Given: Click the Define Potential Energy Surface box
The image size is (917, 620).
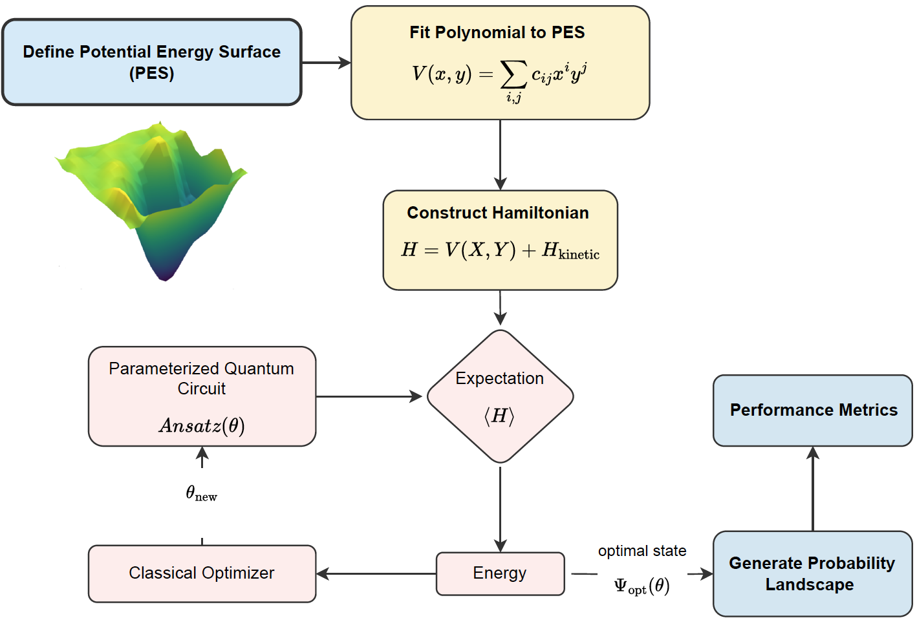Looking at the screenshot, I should pos(151,62).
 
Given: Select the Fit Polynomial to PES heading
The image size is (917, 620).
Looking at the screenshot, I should pos(497,32).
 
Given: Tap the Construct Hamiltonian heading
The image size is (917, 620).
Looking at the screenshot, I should pos(497,213).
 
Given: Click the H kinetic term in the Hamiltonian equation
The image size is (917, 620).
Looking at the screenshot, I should pos(570,250).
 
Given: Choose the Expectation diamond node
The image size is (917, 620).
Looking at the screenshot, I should pos(500,396).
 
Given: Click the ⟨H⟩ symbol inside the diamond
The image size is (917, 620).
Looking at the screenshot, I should pos(499,416).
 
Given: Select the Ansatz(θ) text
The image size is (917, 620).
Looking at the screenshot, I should pos(202,425).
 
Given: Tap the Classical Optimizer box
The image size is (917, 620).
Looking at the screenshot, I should pos(202,573).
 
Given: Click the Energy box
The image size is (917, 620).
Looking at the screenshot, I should pos(500,573).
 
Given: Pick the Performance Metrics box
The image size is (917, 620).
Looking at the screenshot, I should pos(813,410).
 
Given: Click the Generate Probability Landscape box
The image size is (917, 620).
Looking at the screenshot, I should pos(812,573).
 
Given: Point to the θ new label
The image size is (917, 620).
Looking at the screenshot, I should pos(201,493).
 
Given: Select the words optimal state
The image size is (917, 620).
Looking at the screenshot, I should pos(642,551).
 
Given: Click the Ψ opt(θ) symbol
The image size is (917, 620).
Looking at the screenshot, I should pos(642,586).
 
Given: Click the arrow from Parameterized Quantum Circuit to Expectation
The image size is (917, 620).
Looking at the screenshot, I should pos(369,396).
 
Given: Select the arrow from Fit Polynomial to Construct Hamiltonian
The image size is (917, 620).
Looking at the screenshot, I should pos(500,155).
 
